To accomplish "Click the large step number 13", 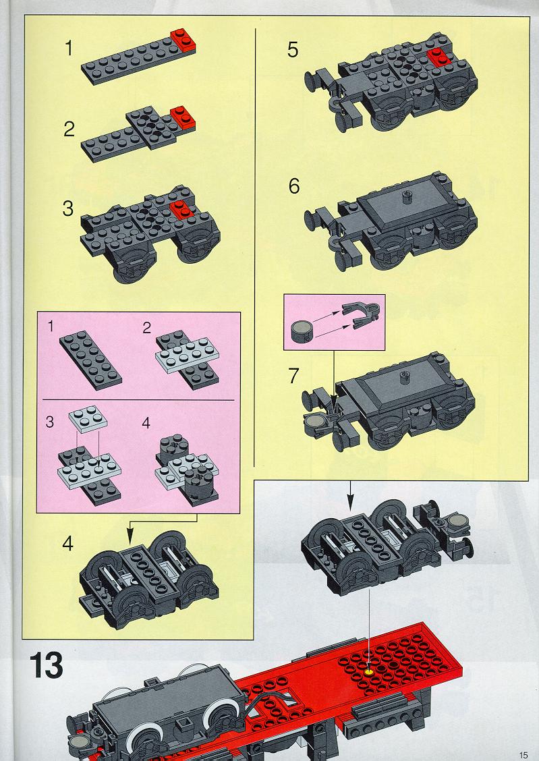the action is (x=46, y=665).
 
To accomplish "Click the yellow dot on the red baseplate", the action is (x=370, y=673).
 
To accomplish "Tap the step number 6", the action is (x=294, y=186).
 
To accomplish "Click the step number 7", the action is (x=293, y=376).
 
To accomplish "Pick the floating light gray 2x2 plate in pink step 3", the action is (x=88, y=420).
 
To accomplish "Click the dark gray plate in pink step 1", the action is (x=90, y=360).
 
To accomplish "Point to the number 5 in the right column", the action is (x=293, y=50).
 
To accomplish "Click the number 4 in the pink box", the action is (x=146, y=423).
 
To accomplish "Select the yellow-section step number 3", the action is (x=68, y=208).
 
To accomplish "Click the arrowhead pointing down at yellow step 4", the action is (x=130, y=537).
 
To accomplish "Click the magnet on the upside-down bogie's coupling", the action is (x=457, y=522).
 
